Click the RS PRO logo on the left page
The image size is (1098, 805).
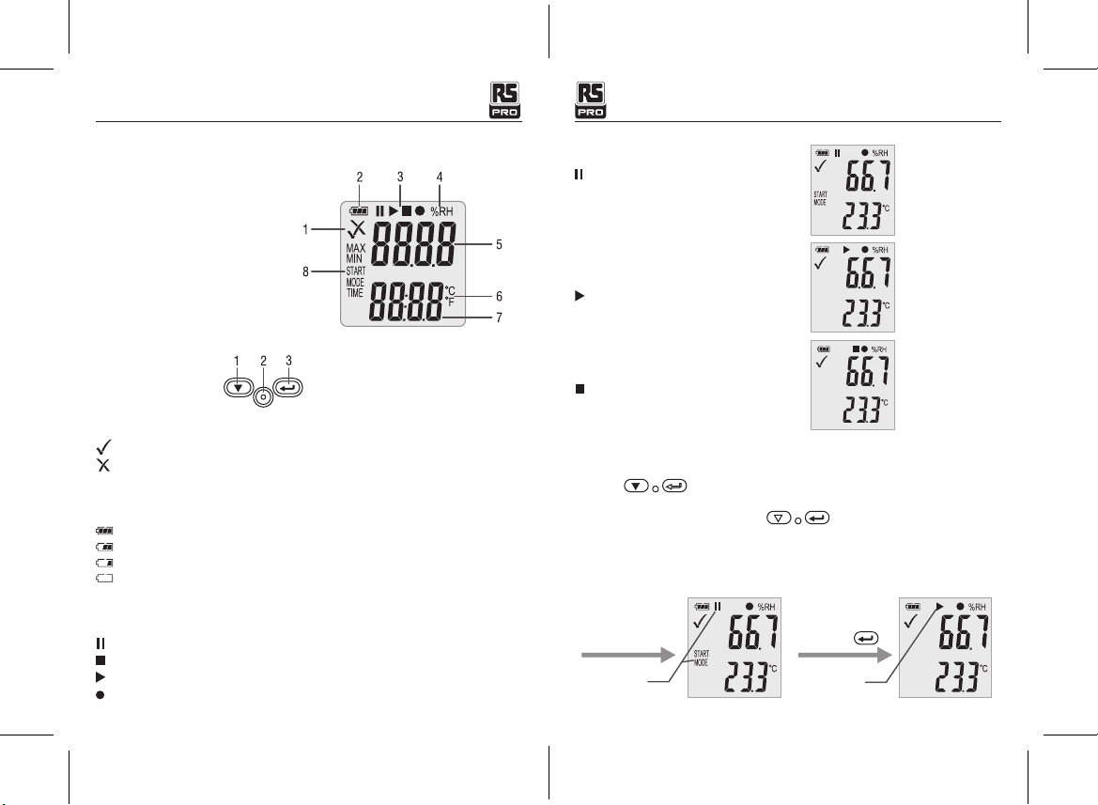[x=504, y=101]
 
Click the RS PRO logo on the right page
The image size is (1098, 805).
[x=590, y=101]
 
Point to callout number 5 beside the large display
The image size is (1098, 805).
[x=499, y=244]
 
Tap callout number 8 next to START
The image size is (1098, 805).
[x=305, y=271]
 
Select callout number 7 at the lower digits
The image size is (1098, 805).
[x=499, y=317]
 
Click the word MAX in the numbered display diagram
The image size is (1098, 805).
[x=356, y=248]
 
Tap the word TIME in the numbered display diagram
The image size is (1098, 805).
[x=355, y=293]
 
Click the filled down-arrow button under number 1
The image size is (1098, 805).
[x=238, y=388]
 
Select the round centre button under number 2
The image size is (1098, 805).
[x=263, y=397]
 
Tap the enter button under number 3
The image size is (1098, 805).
[x=287, y=387]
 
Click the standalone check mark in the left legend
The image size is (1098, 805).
[x=103, y=446]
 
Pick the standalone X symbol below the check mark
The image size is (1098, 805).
[x=103, y=466]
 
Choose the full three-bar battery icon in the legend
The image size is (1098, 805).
[x=104, y=532]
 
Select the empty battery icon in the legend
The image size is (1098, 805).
[x=104, y=579]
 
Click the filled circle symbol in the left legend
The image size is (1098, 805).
[x=101, y=695]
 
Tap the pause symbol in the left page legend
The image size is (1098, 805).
[x=101, y=643]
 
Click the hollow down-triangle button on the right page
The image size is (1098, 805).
[x=779, y=519]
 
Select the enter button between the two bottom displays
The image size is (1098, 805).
[x=866, y=639]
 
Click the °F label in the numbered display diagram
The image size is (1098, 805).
[x=450, y=302]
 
